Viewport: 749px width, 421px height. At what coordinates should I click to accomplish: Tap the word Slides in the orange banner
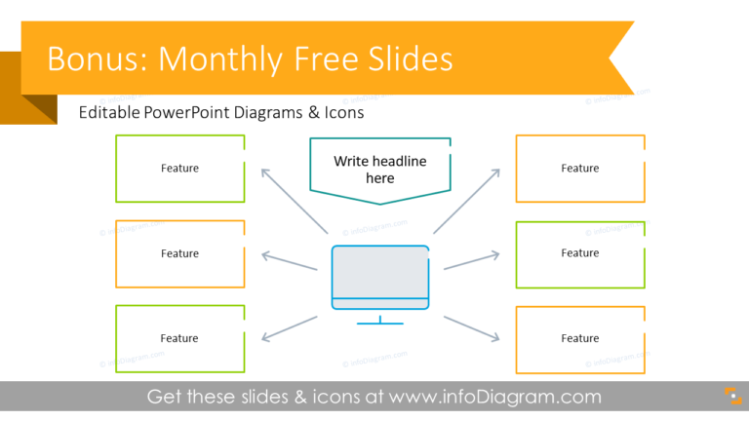point(403,59)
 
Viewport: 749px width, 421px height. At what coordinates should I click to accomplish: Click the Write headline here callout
point(380,170)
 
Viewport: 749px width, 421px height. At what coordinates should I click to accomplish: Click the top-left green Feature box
point(179,169)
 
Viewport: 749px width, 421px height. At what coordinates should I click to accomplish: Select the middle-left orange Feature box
point(179,253)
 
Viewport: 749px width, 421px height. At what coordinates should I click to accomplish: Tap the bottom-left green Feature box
point(179,338)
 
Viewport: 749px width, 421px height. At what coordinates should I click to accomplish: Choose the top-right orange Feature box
point(580,169)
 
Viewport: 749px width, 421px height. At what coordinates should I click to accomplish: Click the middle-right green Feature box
point(580,253)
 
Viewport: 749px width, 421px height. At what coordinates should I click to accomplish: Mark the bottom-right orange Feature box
point(580,338)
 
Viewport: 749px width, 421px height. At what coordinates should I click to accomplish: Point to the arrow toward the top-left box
point(293,200)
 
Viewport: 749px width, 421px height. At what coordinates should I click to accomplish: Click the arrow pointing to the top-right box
point(467,200)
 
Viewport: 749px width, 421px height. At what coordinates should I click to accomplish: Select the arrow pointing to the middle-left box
point(291,259)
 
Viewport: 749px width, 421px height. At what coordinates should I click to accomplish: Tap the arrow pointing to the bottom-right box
point(472,326)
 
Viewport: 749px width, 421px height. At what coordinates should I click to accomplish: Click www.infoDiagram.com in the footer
point(494,397)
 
